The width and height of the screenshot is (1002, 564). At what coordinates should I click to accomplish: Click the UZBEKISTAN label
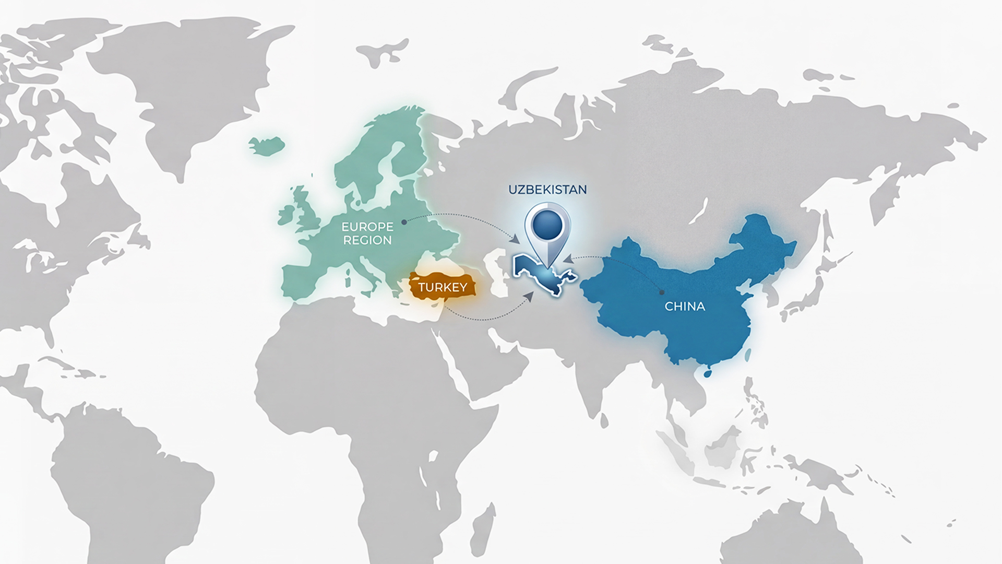(x=547, y=189)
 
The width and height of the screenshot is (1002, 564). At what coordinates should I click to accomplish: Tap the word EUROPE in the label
(x=367, y=227)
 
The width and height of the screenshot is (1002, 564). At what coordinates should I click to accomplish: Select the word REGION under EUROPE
(x=367, y=240)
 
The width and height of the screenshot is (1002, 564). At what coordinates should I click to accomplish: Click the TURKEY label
(x=442, y=288)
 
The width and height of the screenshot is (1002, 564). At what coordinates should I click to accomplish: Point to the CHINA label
(x=685, y=307)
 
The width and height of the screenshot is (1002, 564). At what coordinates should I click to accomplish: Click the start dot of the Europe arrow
(x=404, y=222)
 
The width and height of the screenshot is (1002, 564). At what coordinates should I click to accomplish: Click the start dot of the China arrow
(x=662, y=292)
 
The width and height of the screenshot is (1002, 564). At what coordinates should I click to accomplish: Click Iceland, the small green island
(x=267, y=144)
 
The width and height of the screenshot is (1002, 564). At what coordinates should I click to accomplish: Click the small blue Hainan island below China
(x=708, y=373)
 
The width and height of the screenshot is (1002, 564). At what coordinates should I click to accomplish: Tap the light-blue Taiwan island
(x=748, y=356)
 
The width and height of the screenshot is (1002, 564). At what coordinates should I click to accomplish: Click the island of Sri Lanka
(x=604, y=418)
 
